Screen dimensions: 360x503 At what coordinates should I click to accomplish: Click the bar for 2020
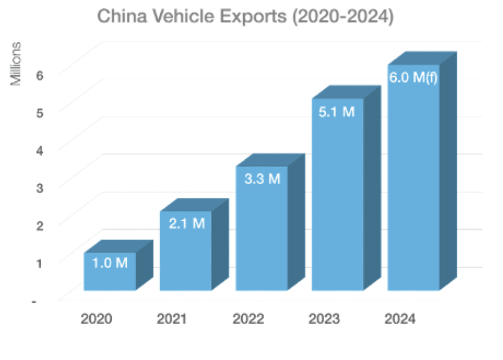click(110, 277)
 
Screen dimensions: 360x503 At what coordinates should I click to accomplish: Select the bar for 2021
click(185, 257)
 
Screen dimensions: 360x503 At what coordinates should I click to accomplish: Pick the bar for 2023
click(337, 204)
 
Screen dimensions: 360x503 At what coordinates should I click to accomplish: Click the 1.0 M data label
click(110, 263)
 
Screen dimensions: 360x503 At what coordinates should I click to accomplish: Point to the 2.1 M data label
click(186, 224)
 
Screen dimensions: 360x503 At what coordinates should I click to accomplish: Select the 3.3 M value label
click(262, 179)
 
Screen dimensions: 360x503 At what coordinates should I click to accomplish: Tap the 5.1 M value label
click(337, 112)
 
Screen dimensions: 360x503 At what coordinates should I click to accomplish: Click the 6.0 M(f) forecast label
click(414, 78)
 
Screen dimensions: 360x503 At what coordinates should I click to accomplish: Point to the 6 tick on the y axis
click(40, 75)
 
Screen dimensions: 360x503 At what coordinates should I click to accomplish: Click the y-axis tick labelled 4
click(40, 150)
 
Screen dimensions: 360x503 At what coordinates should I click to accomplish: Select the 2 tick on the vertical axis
click(40, 225)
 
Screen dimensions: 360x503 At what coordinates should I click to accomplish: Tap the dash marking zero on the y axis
click(34, 301)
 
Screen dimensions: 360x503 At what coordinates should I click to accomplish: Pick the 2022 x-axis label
click(248, 319)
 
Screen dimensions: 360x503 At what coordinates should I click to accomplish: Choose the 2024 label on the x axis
click(400, 319)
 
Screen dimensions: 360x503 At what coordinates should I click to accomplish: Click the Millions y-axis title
click(17, 64)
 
